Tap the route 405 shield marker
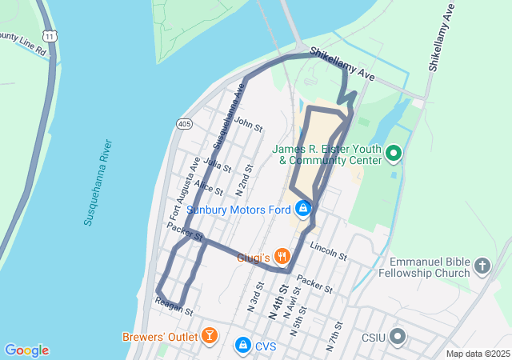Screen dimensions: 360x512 [184, 124]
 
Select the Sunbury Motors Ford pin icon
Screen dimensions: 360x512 [303, 210]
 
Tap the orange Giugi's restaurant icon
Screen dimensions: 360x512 [282, 257]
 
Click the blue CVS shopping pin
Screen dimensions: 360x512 [242, 345]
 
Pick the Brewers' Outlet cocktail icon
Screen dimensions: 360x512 [209, 336]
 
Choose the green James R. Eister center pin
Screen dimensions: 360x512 [393, 153]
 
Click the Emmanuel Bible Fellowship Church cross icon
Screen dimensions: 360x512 [482, 265]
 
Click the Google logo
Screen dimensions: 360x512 [26, 350]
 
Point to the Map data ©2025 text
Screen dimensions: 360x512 [477, 354]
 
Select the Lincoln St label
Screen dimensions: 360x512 [329, 252]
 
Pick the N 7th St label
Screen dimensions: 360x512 [334, 337]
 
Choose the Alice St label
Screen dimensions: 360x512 [209, 187]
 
